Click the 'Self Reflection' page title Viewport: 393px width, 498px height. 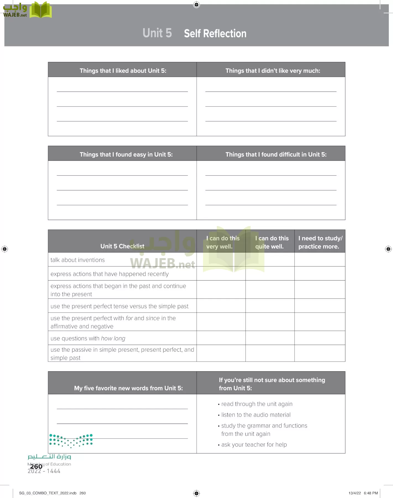point(215,33)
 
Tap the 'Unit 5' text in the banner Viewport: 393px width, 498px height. point(157,33)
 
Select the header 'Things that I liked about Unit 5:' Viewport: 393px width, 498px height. point(123,71)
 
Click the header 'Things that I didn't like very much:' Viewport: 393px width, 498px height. point(273,71)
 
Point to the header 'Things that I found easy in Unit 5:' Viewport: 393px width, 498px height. point(126,154)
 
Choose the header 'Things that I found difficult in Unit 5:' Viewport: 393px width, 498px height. point(276,154)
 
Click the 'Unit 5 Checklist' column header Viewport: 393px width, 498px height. point(122,246)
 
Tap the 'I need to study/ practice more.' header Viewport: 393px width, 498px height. point(320,242)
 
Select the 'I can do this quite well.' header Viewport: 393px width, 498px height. point(271,242)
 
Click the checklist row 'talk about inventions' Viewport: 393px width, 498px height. point(78,260)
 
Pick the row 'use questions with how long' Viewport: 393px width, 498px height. point(88,338)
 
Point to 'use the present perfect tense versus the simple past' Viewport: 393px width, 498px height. point(119,306)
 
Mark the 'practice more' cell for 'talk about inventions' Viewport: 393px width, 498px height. point(320,260)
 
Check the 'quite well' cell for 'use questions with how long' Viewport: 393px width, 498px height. point(270,338)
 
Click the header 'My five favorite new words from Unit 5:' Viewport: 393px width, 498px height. point(128,388)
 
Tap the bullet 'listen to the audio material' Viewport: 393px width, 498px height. point(256,415)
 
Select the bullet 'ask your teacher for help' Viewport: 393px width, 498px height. point(254,444)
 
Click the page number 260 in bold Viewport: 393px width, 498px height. point(36,466)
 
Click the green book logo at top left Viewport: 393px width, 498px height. point(40,10)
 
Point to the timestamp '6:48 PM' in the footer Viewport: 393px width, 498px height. point(371,493)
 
